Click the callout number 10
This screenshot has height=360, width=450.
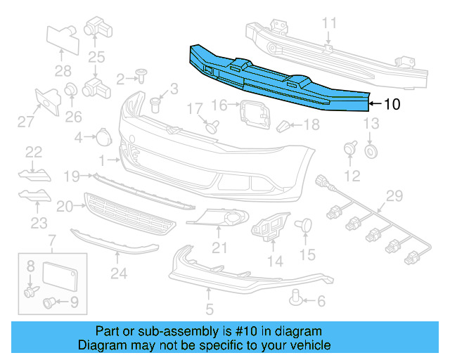point(392,104)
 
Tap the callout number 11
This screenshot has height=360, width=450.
point(330,23)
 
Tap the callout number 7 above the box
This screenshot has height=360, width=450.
point(51,243)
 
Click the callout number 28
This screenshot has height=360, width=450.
point(63,70)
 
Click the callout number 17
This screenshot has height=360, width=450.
point(194,108)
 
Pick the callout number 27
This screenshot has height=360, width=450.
point(26,122)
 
